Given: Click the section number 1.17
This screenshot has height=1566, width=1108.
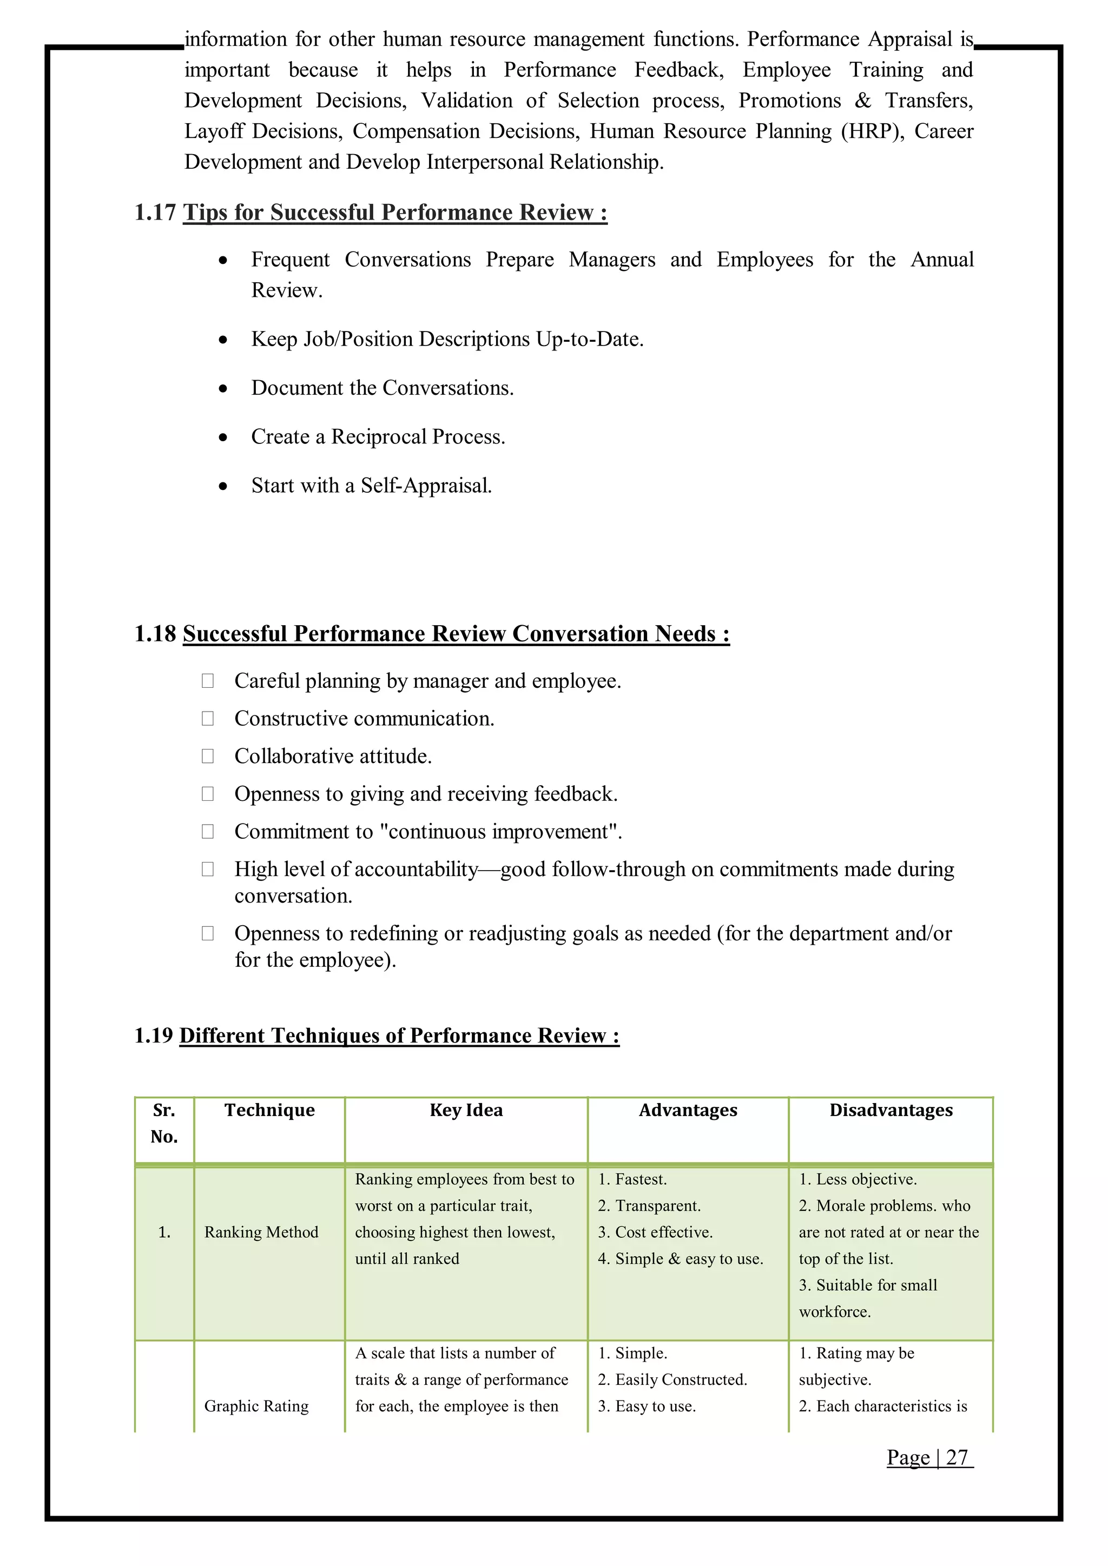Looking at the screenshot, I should [x=155, y=213].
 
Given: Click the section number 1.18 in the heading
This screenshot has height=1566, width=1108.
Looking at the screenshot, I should [x=155, y=634].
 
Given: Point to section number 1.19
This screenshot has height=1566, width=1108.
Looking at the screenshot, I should [x=154, y=1036].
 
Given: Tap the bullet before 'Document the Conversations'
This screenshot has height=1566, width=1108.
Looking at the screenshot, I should [x=223, y=389].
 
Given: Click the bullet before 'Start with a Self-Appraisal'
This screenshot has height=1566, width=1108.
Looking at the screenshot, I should [x=223, y=486].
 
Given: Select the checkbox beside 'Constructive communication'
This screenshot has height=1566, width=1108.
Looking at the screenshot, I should [x=207, y=718].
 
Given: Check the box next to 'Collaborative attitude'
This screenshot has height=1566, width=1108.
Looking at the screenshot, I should [x=207, y=756].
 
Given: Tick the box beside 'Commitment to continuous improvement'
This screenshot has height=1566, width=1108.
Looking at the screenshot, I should [x=207, y=832].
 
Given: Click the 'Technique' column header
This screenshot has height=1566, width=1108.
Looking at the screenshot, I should [x=269, y=1110].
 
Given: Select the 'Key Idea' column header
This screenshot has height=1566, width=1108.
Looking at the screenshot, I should [x=466, y=1110].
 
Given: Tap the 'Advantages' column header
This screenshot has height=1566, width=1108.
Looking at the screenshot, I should [x=688, y=1110].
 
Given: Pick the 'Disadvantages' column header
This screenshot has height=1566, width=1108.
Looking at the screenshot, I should [x=891, y=1110].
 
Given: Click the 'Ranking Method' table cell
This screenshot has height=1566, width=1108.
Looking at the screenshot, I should [x=261, y=1232].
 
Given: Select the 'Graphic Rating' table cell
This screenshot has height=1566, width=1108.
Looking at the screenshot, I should [x=256, y=1406].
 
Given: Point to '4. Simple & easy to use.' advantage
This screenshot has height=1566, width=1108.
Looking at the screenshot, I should [x=680, y=1259].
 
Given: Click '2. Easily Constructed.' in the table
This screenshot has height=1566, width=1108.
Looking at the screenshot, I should [x=672, y=1380].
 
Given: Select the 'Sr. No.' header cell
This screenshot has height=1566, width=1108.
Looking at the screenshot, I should [x=164, y=1123].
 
